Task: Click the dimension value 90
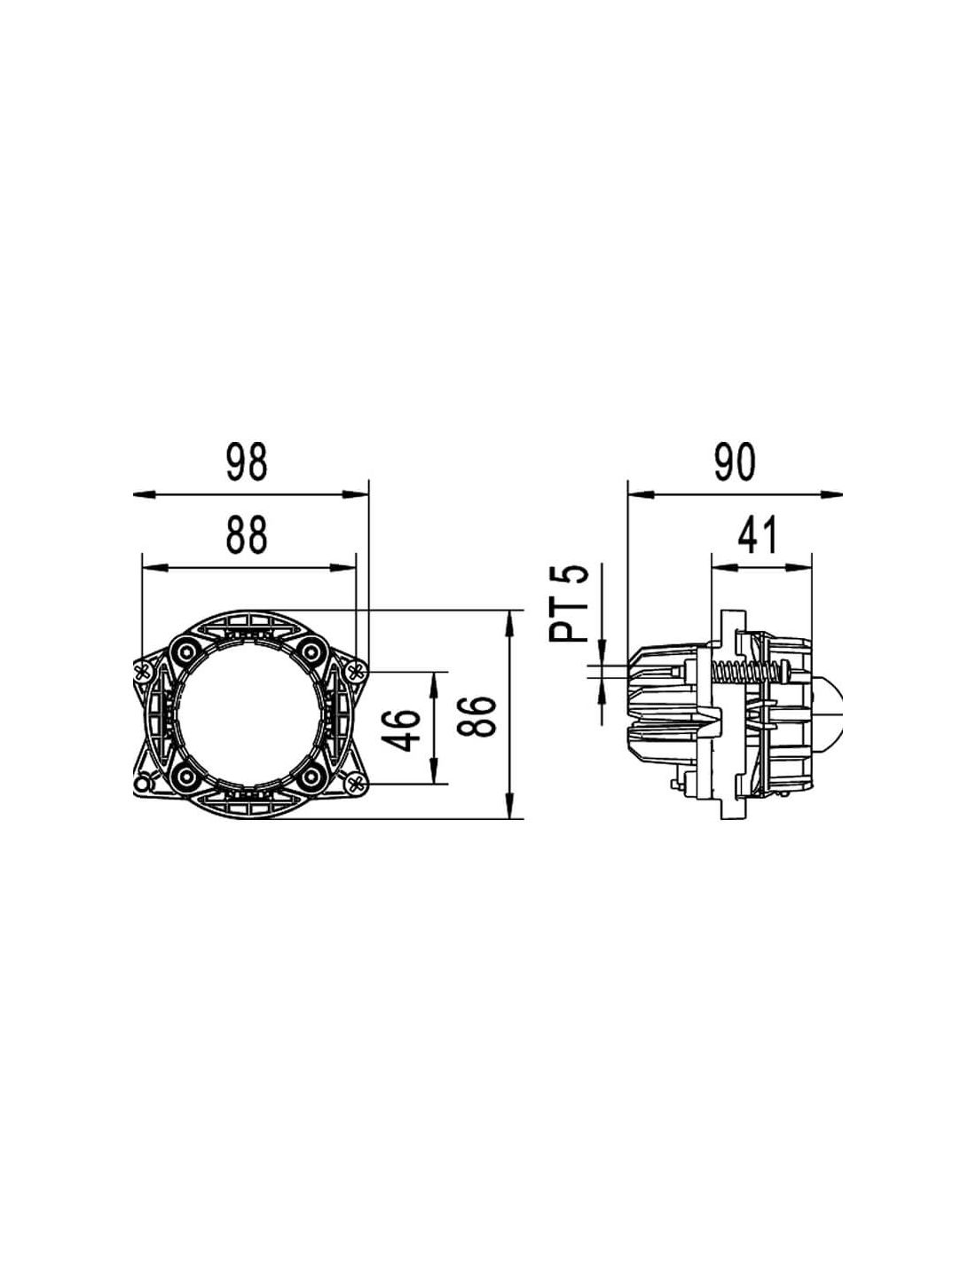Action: pos(735,462)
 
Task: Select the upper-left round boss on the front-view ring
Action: pos(187,651)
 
